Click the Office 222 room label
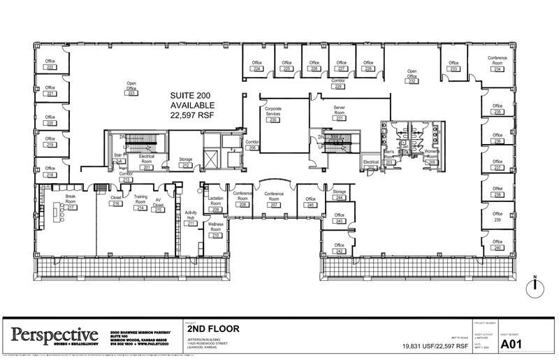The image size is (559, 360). tap(50, 64)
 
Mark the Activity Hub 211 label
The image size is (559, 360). tap(190, 218)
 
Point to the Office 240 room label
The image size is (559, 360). tap(498, 245)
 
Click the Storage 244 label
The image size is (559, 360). tap(340, 195)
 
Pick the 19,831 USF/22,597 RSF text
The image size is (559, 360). tap(435, 346)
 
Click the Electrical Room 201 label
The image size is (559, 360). tap(147, 160)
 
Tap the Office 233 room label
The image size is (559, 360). tap(454, 66)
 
